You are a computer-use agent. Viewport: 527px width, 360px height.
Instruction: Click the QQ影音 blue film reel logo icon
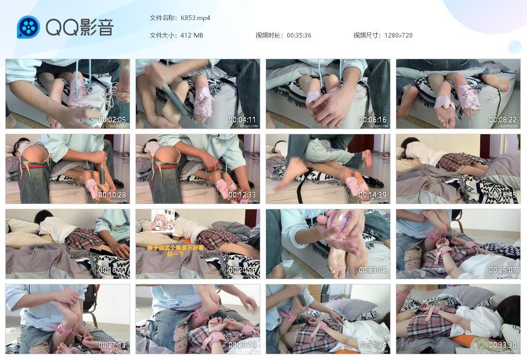[28, 27]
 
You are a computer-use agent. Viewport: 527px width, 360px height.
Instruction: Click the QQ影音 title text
[79, 27]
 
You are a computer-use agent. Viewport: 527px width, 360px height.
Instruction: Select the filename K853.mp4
[195, 18]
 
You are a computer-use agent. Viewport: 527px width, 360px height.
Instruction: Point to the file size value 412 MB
[191, 35]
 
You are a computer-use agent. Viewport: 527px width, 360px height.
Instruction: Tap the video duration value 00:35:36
[298, 35]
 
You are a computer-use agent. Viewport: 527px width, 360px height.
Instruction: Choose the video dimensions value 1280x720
[398, 35]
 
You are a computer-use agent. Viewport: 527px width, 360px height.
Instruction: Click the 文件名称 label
[163, 18]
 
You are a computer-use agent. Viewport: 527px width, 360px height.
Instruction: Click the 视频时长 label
[269, 35]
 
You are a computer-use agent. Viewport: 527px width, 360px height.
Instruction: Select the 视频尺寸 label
[366, 35]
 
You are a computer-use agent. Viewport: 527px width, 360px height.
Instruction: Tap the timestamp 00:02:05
[112, 120]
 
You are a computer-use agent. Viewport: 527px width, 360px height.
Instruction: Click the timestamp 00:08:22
[502, 120]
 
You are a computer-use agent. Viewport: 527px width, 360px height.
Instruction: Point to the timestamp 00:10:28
[112, 195]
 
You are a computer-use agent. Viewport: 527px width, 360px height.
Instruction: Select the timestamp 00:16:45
[502, 195]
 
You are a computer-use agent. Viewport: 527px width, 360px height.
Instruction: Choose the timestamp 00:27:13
[112, 345]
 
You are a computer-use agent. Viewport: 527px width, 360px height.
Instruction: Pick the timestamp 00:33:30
[502, 345]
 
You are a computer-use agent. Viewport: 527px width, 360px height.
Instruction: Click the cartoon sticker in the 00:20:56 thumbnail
[163, 221]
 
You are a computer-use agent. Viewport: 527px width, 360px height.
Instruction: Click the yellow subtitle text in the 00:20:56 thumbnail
[175, 250]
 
